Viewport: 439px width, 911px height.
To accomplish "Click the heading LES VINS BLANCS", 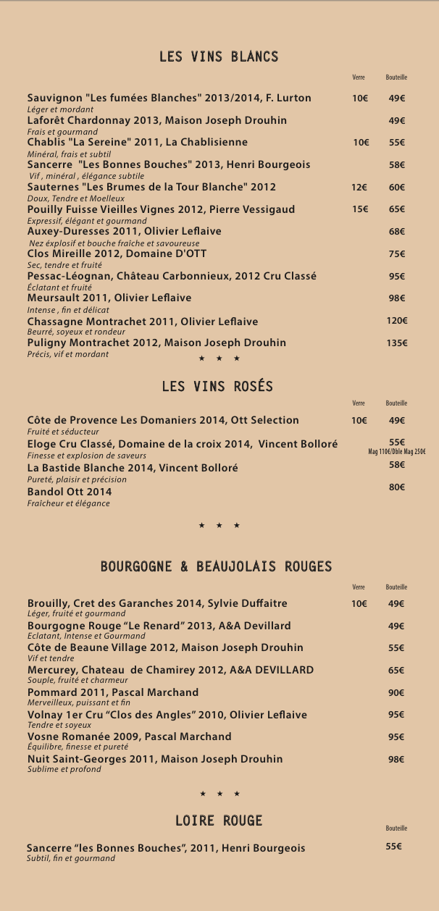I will tap(219, 56).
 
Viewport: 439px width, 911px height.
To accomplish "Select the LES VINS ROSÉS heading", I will tap(217, 387).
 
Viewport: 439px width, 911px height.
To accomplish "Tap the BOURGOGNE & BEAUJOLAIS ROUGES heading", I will tap(216, 566).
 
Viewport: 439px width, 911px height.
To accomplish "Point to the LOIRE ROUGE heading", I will tap(219, 820).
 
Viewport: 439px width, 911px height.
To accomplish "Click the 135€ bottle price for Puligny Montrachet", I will tap(396, 343).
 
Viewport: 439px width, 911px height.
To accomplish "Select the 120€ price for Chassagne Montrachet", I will tap(396, 321).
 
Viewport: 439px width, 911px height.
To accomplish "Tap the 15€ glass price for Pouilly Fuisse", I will tap(360, 209).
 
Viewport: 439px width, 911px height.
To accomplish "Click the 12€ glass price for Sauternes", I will tap(359, 187).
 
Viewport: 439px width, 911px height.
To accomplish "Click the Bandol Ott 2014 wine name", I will tap(70, 492).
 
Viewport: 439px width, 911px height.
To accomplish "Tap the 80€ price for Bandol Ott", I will tap(396, 487).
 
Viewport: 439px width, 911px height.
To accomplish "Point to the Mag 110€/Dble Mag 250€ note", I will tap(397, 452).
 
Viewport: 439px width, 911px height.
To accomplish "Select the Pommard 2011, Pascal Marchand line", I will tap(113, 692).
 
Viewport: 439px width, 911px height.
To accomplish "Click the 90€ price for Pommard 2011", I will tap(396, 693).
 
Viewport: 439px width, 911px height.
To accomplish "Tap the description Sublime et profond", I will tap(64, 769).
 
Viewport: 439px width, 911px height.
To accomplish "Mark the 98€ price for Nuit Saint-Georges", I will tap(396, 760).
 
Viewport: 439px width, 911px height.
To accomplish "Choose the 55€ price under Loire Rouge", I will tap(393, 847).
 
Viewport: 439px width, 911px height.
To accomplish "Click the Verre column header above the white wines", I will tap(359, 77).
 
